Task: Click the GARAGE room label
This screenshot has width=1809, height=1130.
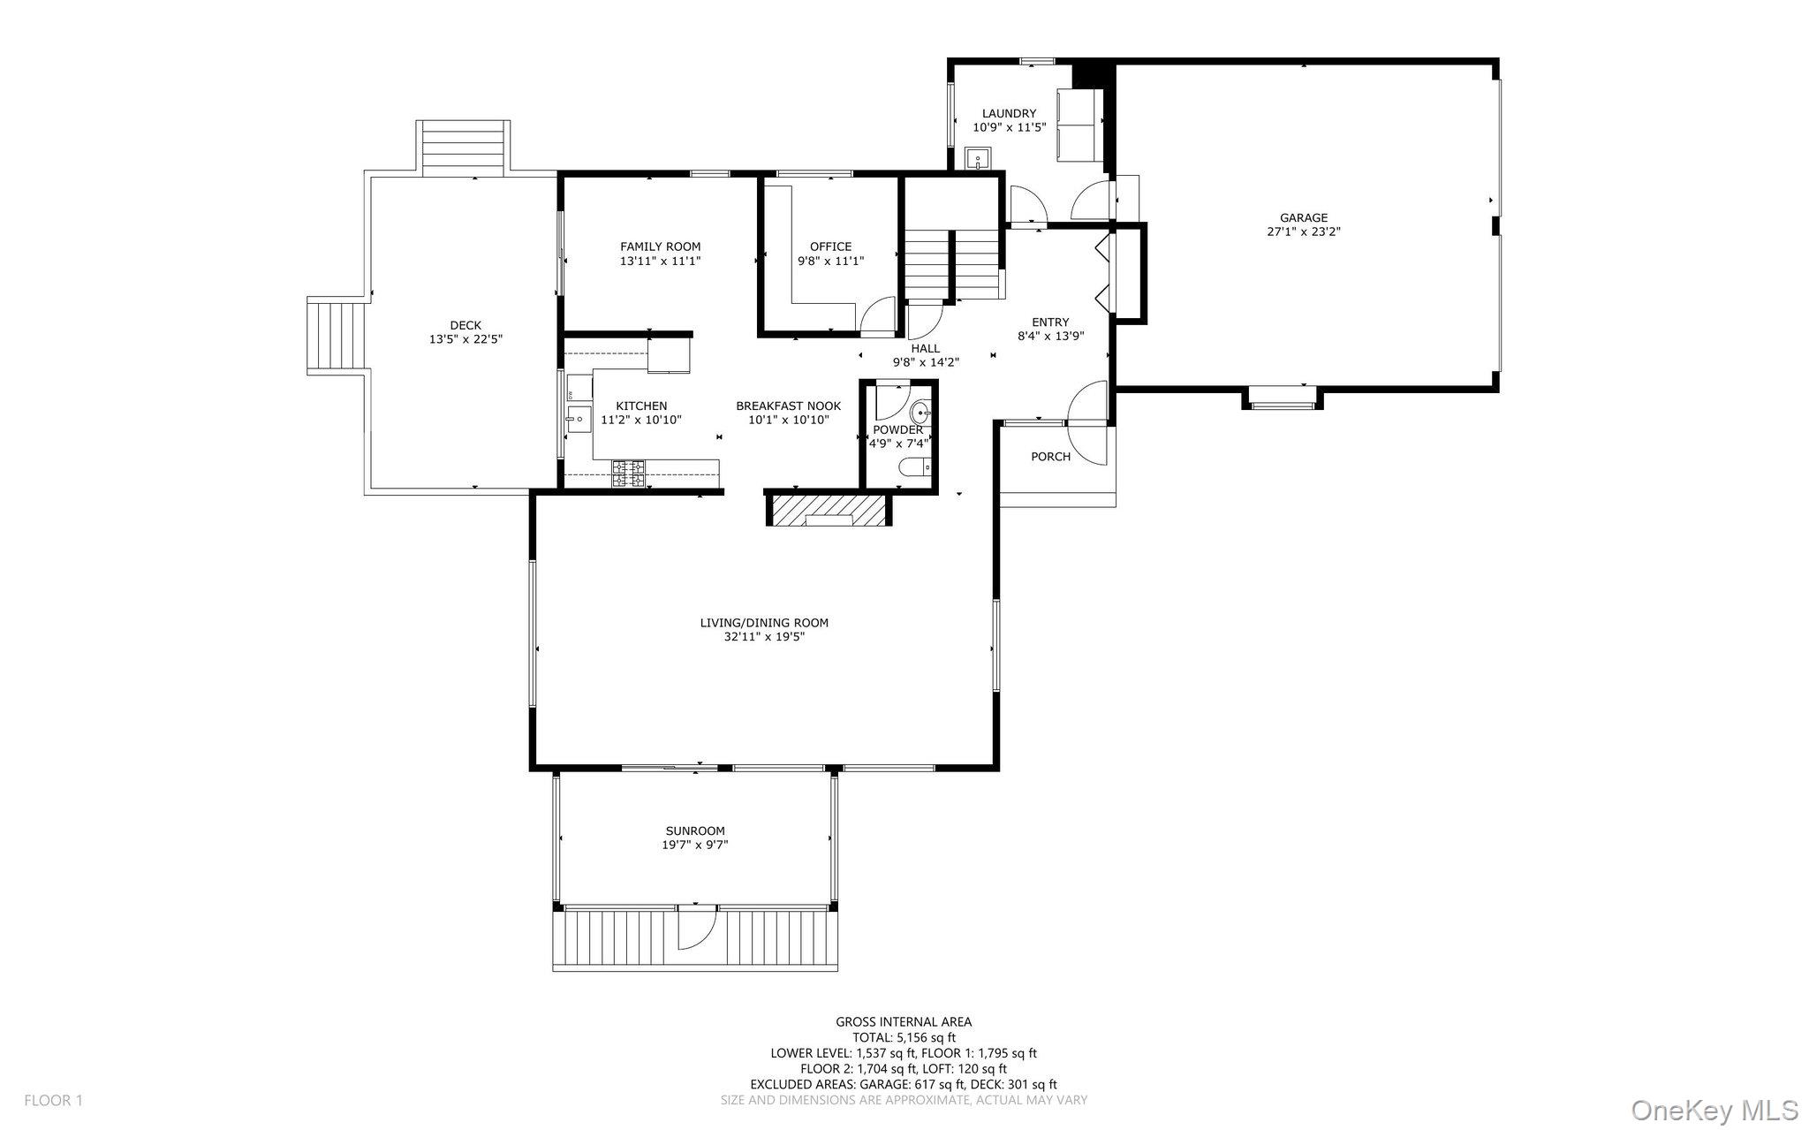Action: (1304, 218)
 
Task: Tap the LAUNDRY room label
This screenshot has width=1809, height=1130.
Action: (1009, 113)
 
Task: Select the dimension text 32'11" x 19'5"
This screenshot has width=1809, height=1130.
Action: (764, 636)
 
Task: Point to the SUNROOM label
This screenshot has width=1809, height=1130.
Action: (695, 830)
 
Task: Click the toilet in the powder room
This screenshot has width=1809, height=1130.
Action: (912, 466)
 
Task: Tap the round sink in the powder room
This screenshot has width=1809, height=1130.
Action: (920, 412)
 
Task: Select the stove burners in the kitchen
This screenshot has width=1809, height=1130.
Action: (628, 474)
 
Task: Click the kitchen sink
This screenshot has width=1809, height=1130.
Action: (579, 419)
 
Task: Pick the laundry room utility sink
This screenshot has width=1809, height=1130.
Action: (977, 159)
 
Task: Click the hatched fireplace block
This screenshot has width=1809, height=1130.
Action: (829, 510)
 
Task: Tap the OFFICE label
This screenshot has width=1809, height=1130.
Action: (830, 246)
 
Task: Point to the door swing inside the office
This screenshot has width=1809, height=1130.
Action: (878, 316)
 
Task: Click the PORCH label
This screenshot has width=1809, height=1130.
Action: (1050, 457)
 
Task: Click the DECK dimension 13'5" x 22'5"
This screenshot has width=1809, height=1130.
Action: (465, 338)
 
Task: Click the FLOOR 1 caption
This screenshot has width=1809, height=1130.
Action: (53, 1101)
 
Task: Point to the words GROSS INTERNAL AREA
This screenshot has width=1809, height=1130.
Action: (904, 1022)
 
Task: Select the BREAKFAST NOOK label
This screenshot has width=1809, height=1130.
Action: (788, 406)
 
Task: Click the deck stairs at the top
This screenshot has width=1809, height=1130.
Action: (463, 147)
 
